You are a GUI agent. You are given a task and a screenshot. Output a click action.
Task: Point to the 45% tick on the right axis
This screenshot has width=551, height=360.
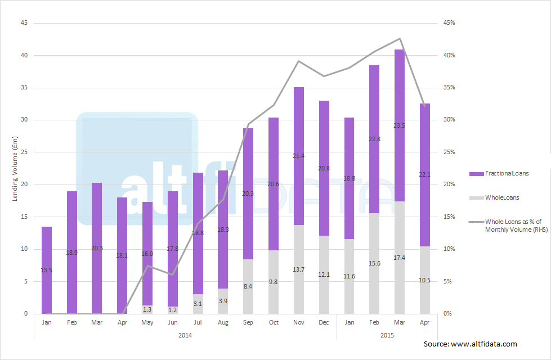[x=449, y=23]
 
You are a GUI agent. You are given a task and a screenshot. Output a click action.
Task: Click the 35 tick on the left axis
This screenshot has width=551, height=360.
[x=24, y=88]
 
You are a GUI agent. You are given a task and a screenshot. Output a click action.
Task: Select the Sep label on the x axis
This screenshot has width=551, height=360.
[x=248, y=323]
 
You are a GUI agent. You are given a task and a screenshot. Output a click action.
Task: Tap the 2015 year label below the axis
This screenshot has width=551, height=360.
[x=387, y=335]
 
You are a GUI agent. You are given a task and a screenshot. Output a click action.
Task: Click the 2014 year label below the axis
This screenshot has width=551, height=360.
[x=185, y=335]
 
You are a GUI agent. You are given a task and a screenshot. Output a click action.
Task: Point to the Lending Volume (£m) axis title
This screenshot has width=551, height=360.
[x=15, y=169]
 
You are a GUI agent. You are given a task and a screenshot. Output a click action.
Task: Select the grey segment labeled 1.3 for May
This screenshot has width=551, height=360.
[x=147, y=309]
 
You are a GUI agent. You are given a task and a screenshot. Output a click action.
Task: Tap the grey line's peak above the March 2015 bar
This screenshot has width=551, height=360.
[x=400, y=39]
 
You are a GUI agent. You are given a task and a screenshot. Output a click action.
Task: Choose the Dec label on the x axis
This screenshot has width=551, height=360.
[x=324, y=323]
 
